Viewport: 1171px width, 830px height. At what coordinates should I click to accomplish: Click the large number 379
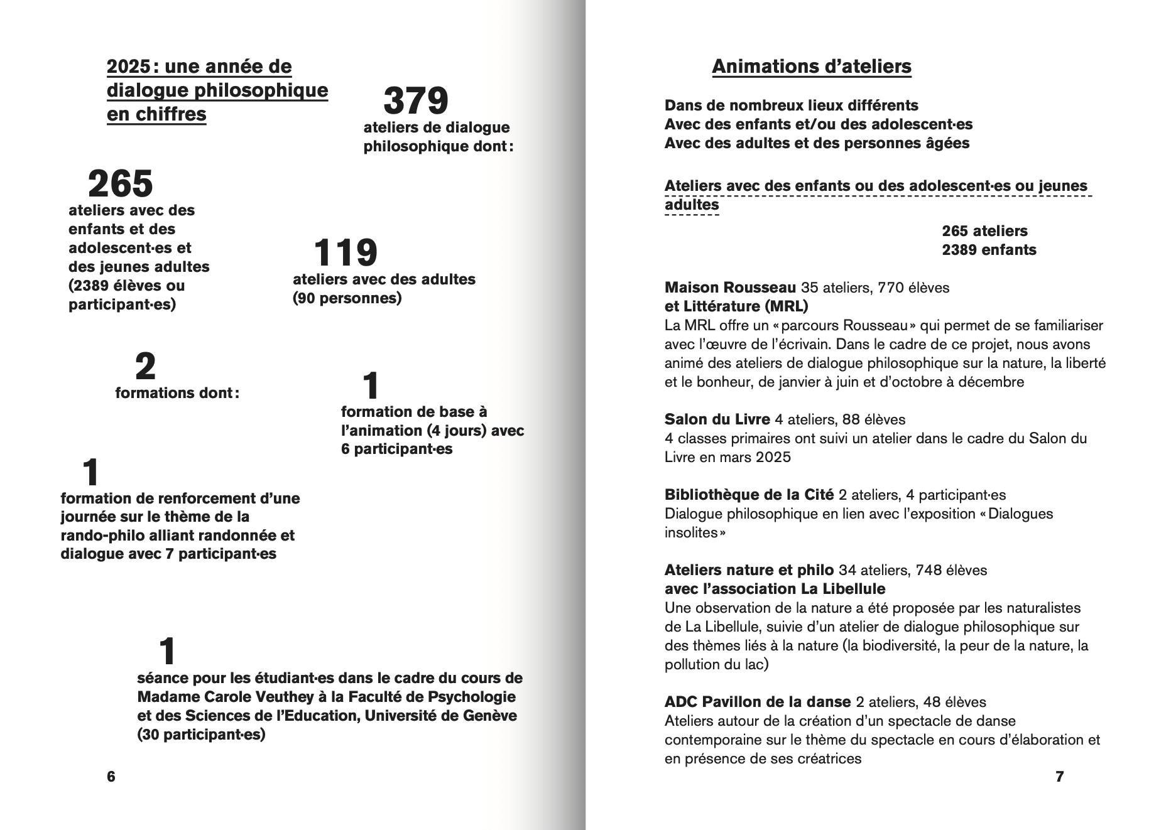point(416,101)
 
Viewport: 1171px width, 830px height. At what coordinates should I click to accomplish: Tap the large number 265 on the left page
point(121,184)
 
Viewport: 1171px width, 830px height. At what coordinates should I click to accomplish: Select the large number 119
point(346,253)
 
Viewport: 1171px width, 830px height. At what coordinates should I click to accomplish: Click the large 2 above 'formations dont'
point(145,367)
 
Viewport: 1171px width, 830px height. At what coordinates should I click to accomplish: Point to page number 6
point(111,777)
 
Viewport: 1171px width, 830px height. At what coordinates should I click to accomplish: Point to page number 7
point(1060,777)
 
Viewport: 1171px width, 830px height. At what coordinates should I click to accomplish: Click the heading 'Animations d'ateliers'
point(812,67)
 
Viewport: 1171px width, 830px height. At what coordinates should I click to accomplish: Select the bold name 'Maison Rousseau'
point(730,288)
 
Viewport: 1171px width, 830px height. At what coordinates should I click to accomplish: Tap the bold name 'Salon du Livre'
point(717,419)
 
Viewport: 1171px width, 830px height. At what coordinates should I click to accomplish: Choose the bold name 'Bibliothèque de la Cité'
point(749,495)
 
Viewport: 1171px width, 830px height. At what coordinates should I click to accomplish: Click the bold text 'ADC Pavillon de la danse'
point(758,702)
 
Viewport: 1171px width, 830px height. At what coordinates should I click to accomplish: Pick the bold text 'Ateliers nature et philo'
point(749,570)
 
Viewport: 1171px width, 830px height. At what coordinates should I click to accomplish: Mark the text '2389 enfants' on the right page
point(989,250)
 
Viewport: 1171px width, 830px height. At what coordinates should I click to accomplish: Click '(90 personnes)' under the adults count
point(347,298)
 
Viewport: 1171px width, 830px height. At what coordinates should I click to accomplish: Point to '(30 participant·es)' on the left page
point(201,735)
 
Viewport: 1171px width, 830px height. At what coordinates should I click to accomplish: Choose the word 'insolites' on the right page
point(691,533)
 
